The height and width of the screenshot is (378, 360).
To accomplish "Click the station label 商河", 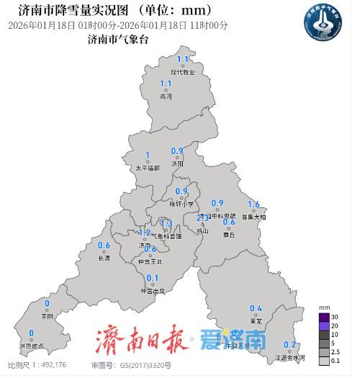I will [166, 96].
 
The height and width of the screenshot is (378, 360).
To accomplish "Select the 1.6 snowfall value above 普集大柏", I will [253, 204].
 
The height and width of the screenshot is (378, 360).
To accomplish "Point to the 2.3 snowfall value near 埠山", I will [203, 217].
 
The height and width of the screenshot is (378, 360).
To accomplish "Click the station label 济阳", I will [177, 163].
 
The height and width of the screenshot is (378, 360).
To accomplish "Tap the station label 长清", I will [104, 257].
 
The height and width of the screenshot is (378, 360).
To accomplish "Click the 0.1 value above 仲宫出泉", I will [152, 279].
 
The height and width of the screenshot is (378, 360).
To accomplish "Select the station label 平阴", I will [47, 315].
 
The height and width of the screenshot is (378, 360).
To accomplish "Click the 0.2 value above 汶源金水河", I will [290, 345].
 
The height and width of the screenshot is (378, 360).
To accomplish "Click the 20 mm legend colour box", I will [324, 325].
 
